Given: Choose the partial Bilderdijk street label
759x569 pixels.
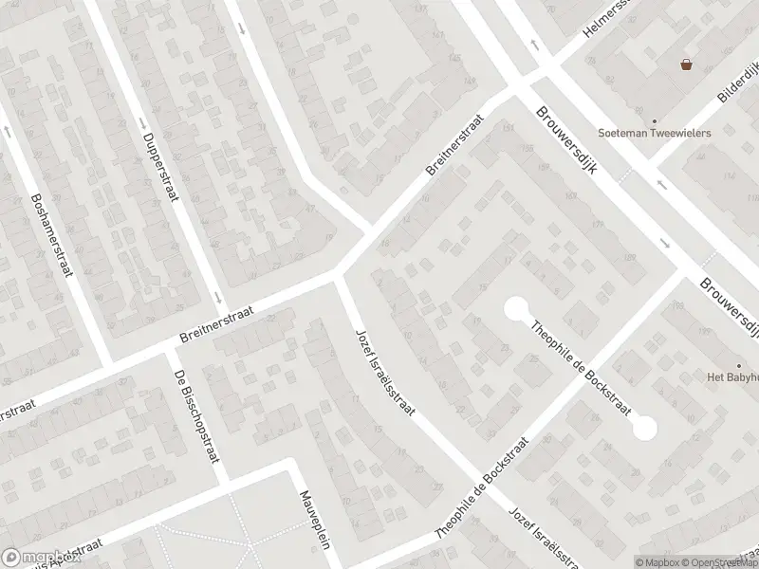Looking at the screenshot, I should point(737,84).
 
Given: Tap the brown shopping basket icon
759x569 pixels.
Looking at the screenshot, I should point(685,64).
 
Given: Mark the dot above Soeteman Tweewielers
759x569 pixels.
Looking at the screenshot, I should point(654,121).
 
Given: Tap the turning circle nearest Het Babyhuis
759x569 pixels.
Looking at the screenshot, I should point(644,428).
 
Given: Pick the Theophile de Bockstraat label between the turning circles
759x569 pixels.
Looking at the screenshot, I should point(579,365).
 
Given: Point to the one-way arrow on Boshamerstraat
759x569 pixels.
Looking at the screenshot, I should point(8,133).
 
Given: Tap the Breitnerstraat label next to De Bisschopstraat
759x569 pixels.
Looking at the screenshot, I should point(222,322).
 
